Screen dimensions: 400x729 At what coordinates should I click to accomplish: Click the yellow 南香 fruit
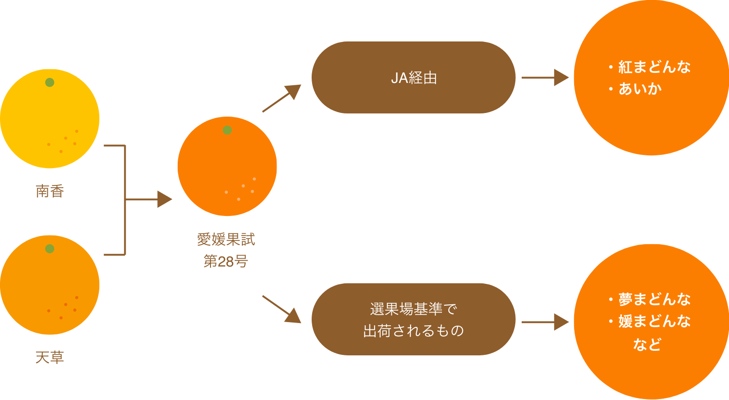(50, 118)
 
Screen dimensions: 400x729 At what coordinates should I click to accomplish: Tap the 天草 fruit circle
(50, 285)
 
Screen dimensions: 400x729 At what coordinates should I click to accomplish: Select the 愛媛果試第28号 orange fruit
(227, 166)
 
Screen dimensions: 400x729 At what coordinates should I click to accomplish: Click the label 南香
(50, 191)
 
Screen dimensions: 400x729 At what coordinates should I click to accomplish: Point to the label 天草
(50, 358)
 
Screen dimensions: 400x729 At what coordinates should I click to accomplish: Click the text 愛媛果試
(226, 239)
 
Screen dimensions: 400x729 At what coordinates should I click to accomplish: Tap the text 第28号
(226, 261)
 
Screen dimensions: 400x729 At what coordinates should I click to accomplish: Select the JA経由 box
(413, 78)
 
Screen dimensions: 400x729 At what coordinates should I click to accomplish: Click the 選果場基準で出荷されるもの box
(413, 319)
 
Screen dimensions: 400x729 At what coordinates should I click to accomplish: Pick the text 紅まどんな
(654, 67)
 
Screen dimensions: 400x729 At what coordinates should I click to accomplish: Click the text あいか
(640, 89)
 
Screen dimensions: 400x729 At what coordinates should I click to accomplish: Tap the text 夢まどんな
(654, 299)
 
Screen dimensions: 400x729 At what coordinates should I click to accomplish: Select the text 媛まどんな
(654, 321)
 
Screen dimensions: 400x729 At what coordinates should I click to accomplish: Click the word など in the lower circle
(647, 344)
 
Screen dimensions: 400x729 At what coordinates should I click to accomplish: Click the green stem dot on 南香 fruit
(50, 82)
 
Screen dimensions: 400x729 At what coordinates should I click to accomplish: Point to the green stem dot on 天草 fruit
(50, 249)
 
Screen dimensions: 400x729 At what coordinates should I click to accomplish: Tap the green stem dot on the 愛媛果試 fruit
(227, 130)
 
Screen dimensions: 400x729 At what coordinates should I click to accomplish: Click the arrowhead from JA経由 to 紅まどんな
(561, 78)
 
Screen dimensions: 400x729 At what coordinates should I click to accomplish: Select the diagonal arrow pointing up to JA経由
(282, 98)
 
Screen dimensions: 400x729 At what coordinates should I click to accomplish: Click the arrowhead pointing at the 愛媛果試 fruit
(164, 199)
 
